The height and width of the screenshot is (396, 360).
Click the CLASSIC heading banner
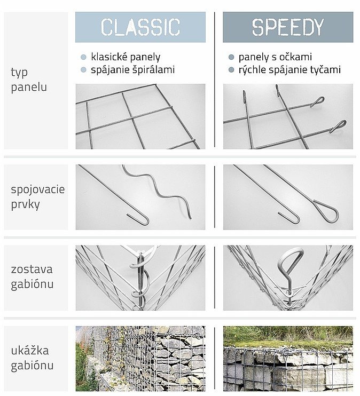tap(140, 27)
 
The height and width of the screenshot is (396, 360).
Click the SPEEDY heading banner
tap(288, 27)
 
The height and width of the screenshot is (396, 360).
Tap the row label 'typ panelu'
tap(29, 80)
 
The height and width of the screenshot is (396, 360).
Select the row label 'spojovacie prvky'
tap(38, 197)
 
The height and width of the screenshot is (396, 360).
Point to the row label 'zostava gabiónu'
tap(32, 277)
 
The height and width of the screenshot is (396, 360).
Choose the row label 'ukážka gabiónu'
tap(32, 358)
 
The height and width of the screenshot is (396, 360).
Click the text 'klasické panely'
tap(126, 57)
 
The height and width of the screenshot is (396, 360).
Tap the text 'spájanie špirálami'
tap(132, 70)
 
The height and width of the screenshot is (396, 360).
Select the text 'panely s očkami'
tap(275, 57)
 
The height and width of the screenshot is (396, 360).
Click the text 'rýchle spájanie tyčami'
tap(289, 70)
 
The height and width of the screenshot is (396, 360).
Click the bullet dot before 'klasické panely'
tap(83, 57)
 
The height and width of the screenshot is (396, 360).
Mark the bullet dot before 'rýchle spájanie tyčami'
tap(231, 70)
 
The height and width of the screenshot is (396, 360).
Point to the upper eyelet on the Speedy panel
tap(317, 101)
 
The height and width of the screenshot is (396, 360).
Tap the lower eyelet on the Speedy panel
tap(339, 126)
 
